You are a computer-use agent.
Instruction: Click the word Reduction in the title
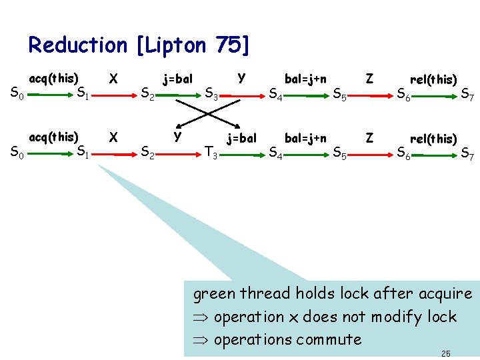coord(77,45)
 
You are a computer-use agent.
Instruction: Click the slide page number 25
coord(447,353)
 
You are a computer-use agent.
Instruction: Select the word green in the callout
coord(215,293)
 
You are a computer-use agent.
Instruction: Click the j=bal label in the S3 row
coord(177,79)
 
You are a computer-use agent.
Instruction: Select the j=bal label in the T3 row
coord(241,139)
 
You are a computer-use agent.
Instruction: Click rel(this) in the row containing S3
coord(433,79)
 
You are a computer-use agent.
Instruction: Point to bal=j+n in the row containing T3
coord(305,139)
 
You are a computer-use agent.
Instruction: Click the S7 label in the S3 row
coord(467,97)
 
